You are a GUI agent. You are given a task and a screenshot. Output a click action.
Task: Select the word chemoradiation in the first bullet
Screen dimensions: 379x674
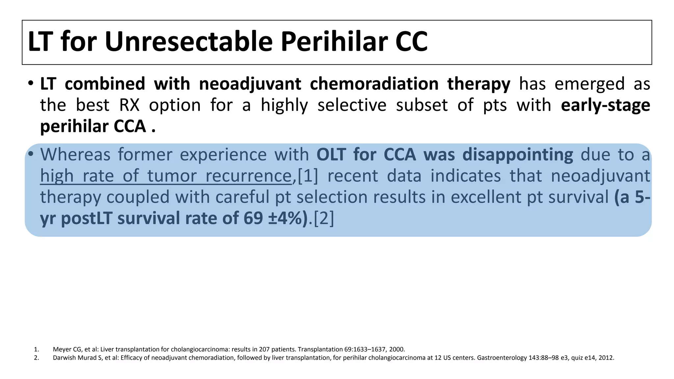[374, 84]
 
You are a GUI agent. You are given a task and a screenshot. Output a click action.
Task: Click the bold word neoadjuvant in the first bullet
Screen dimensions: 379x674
[250, 84]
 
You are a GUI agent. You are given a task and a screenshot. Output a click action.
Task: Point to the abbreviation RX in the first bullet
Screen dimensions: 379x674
[130, 105]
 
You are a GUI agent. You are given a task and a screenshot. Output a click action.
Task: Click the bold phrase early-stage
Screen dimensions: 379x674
[606, 105]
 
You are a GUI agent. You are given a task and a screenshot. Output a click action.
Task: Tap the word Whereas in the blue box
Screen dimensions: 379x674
[75, 154]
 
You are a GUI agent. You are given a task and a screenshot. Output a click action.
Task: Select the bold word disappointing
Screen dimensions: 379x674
[518, 154]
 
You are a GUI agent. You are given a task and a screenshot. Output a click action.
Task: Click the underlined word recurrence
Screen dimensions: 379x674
[248, 176]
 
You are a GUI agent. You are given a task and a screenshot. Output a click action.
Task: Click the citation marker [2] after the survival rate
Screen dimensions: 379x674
[324, 218]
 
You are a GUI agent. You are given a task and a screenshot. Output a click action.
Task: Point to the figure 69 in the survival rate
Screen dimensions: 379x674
[253, 218]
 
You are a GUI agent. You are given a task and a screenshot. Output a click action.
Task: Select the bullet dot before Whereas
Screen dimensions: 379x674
[31, 154]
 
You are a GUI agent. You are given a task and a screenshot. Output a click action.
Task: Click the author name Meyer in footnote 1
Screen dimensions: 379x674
[62, 349]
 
